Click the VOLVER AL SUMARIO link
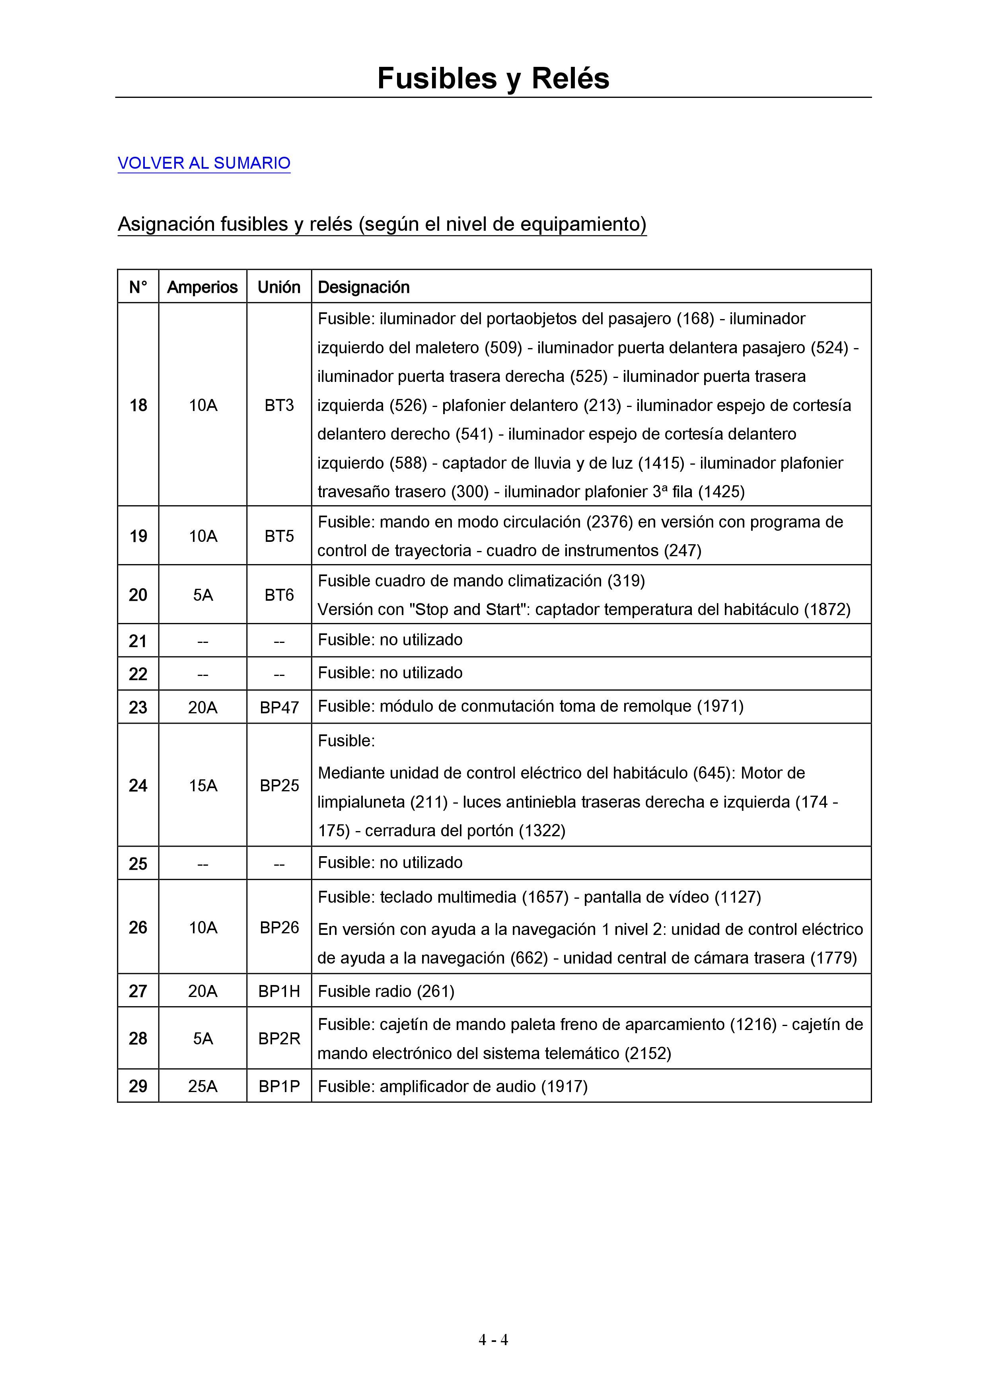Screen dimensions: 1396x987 point(204,163)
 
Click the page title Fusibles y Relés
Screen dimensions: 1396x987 point(493,78)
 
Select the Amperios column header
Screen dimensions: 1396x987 point(202,287)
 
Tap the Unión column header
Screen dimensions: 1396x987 point(279,287)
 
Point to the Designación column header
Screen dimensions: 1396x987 point(364,287)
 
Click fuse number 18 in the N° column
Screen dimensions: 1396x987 point(138,405)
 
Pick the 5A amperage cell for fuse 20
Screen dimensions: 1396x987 point(202,595)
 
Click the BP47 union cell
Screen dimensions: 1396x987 point(279,707)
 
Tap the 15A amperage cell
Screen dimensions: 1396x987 point(202,786)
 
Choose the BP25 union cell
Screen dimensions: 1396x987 point(279,786)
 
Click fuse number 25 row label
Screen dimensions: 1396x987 point(138,863)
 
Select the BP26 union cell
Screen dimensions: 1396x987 point(279,927)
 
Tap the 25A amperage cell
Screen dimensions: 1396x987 point(202,1086)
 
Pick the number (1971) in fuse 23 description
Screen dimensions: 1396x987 point(720,707)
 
